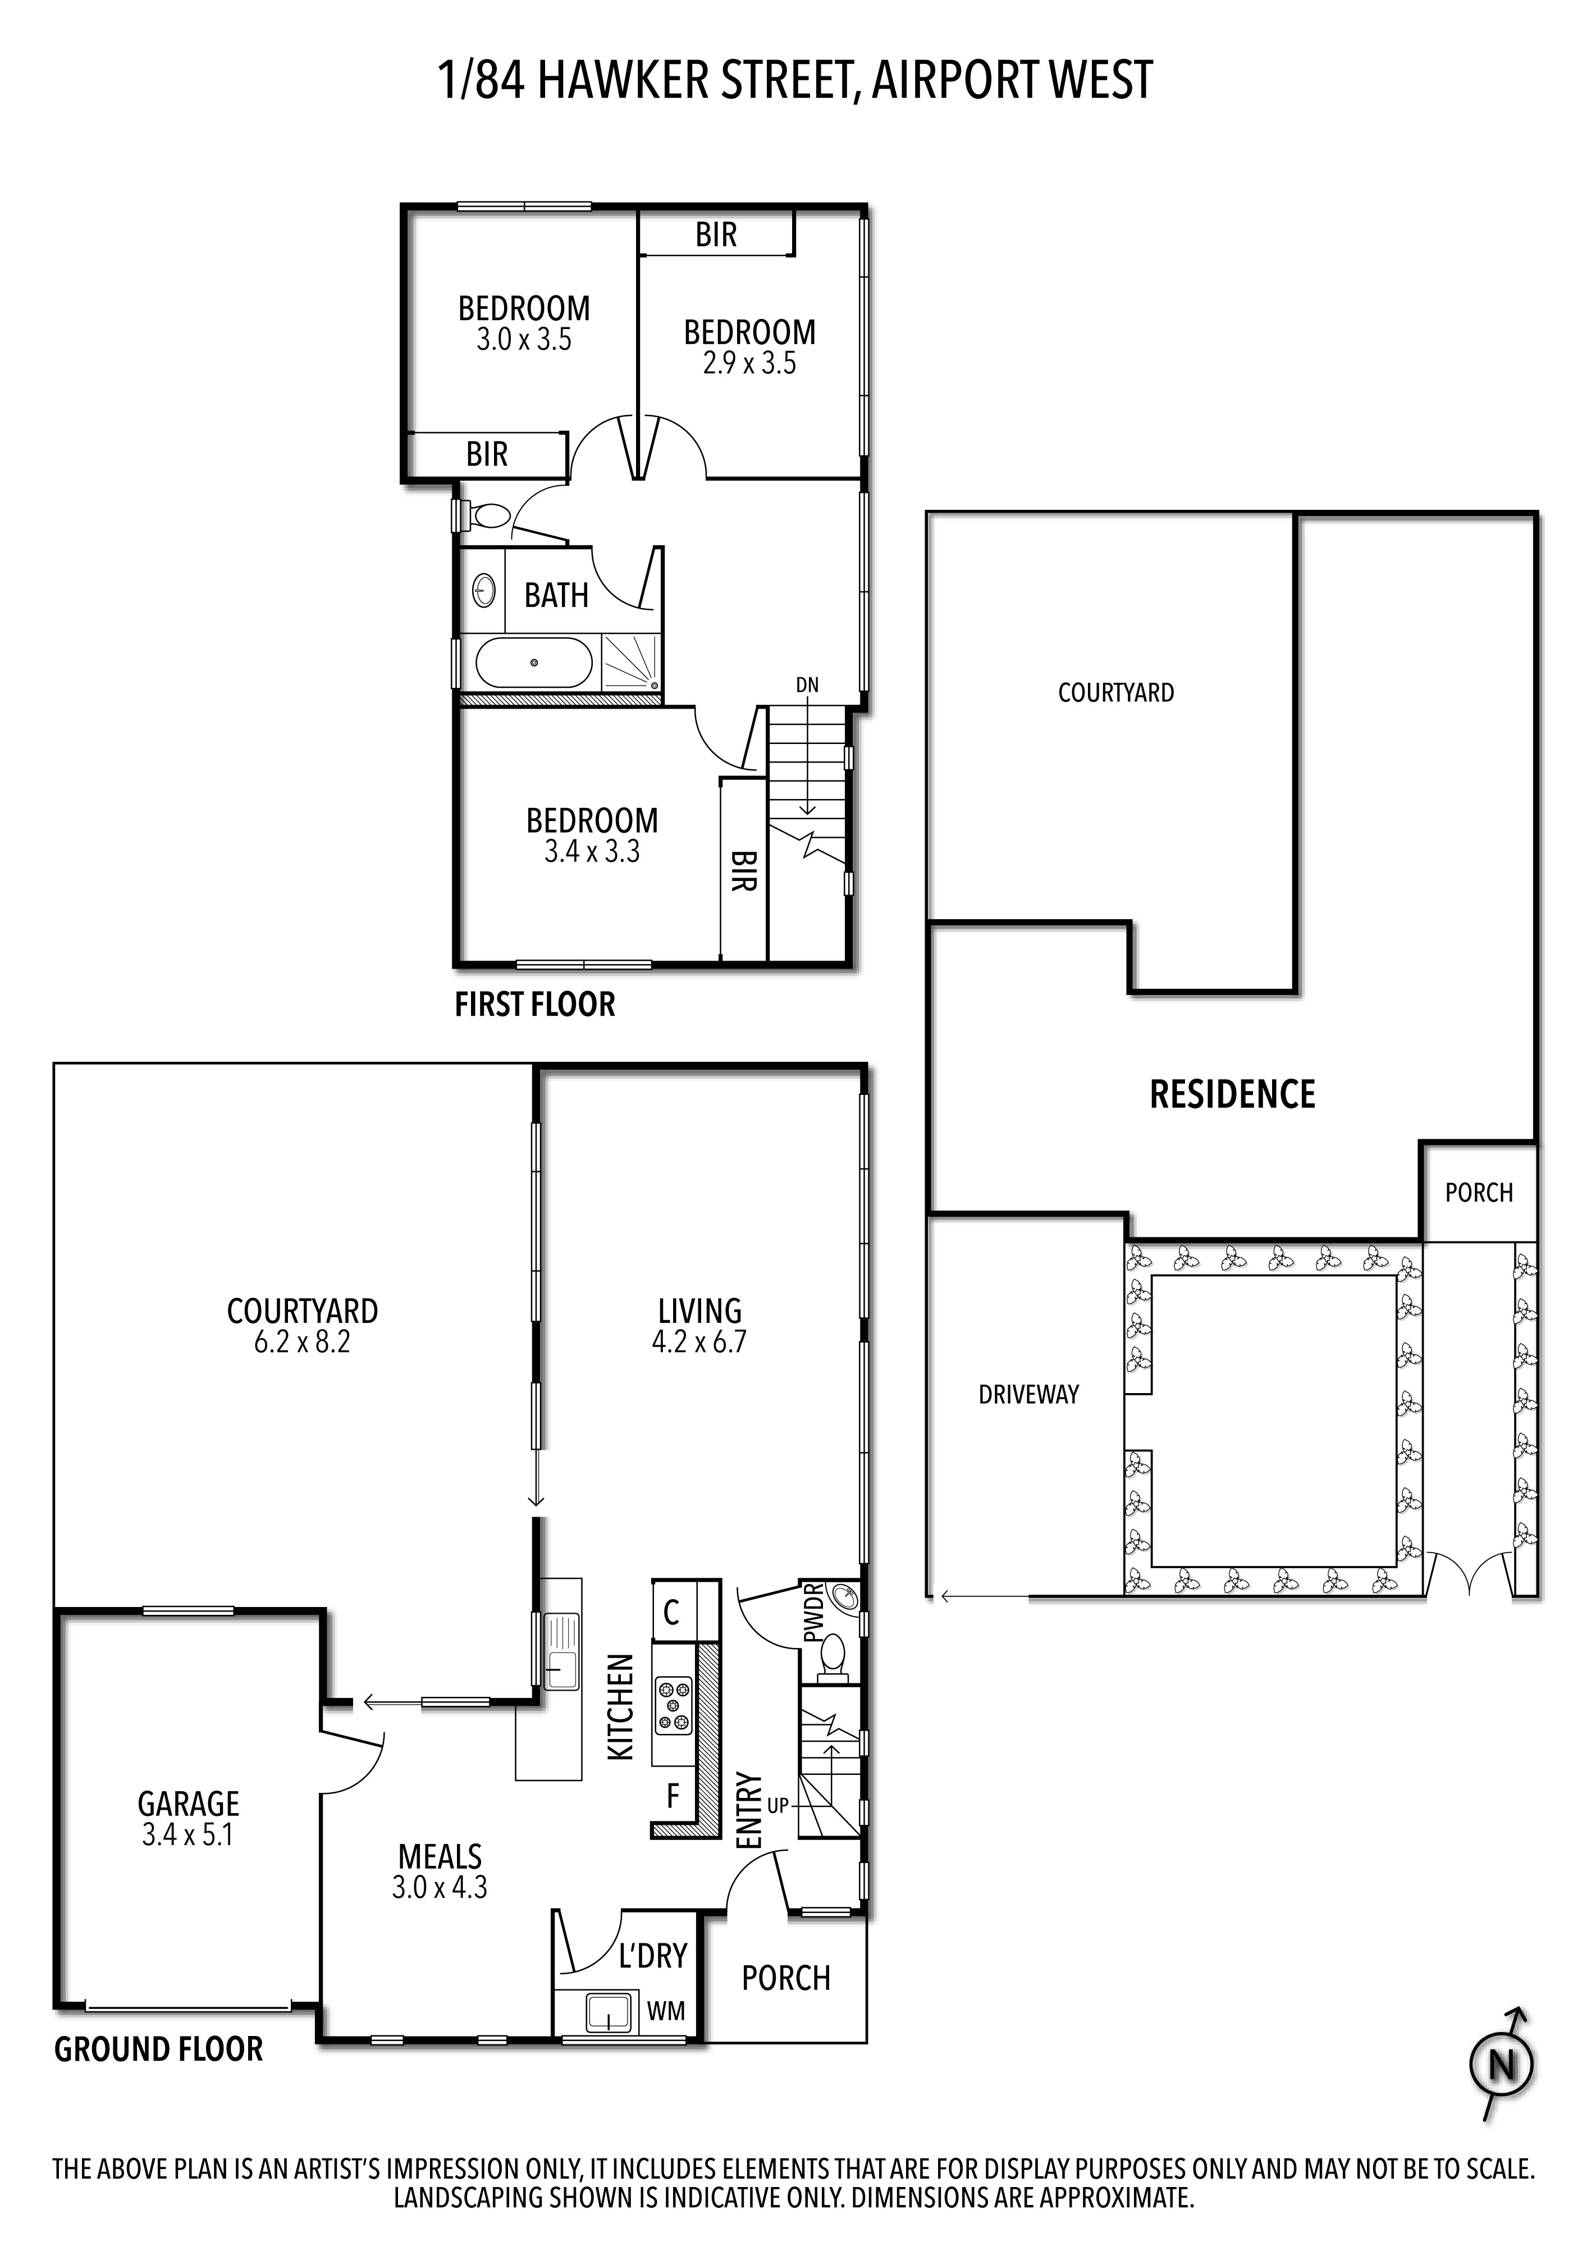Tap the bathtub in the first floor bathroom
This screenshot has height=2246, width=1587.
(534, 662)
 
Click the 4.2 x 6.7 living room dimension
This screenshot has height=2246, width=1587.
(699, 1341)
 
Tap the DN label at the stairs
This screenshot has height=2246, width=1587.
(807, 685)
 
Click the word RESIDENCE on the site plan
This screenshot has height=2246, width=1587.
(1232, 1094)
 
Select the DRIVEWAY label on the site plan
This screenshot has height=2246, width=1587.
(1028, 1394)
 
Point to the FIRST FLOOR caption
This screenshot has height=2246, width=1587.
(535, 1005)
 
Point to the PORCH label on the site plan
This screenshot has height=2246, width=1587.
(1479, 1193)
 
